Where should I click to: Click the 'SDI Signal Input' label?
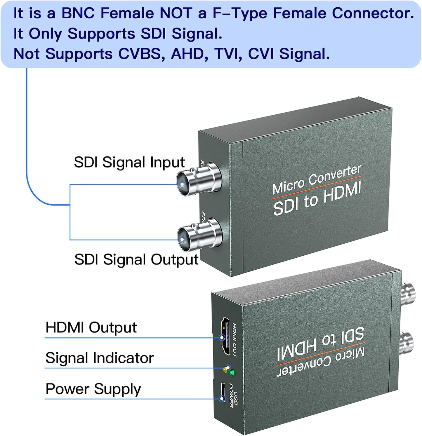129,162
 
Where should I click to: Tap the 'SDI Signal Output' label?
136,259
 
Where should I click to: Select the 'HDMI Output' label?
91,327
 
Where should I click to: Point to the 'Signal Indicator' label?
99,358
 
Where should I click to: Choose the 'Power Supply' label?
93,389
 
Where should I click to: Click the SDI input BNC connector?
199,180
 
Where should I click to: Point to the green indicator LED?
232,373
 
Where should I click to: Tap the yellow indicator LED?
225,369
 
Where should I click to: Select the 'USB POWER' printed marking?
233,395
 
